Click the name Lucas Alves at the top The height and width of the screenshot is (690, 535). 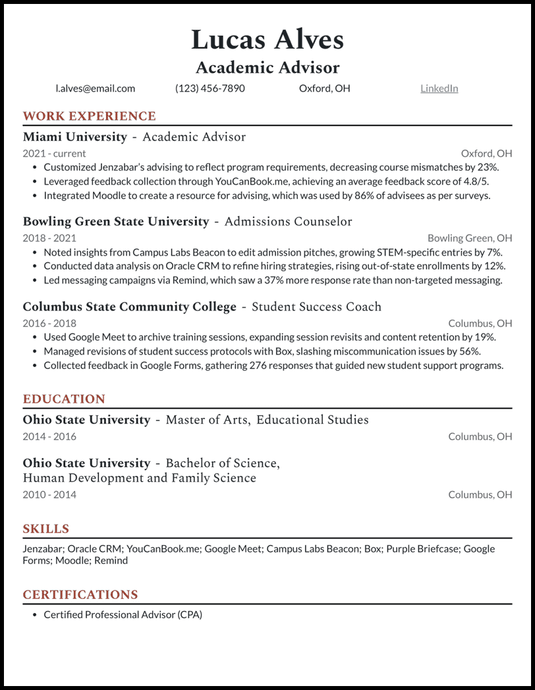coord(267,40)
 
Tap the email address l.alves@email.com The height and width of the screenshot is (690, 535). coord(96,88)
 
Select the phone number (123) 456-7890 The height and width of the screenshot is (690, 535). coord(210,88)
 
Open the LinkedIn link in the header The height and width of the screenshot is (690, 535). coord(439,88)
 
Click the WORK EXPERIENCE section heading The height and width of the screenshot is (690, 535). coord(89,117)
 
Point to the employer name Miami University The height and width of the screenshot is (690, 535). coord(74,137)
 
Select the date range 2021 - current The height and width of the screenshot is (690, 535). coord(54,154)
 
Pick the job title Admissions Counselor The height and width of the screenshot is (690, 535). coord(288,222)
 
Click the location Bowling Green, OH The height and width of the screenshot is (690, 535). coord(469,238)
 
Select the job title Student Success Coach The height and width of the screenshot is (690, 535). coord(316,307)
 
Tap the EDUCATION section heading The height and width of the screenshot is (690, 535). coord(64,399)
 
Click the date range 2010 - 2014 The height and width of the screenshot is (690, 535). coord(49,494)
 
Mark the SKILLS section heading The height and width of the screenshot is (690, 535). coord(45,529)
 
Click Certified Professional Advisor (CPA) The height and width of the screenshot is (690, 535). coord(123,614)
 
